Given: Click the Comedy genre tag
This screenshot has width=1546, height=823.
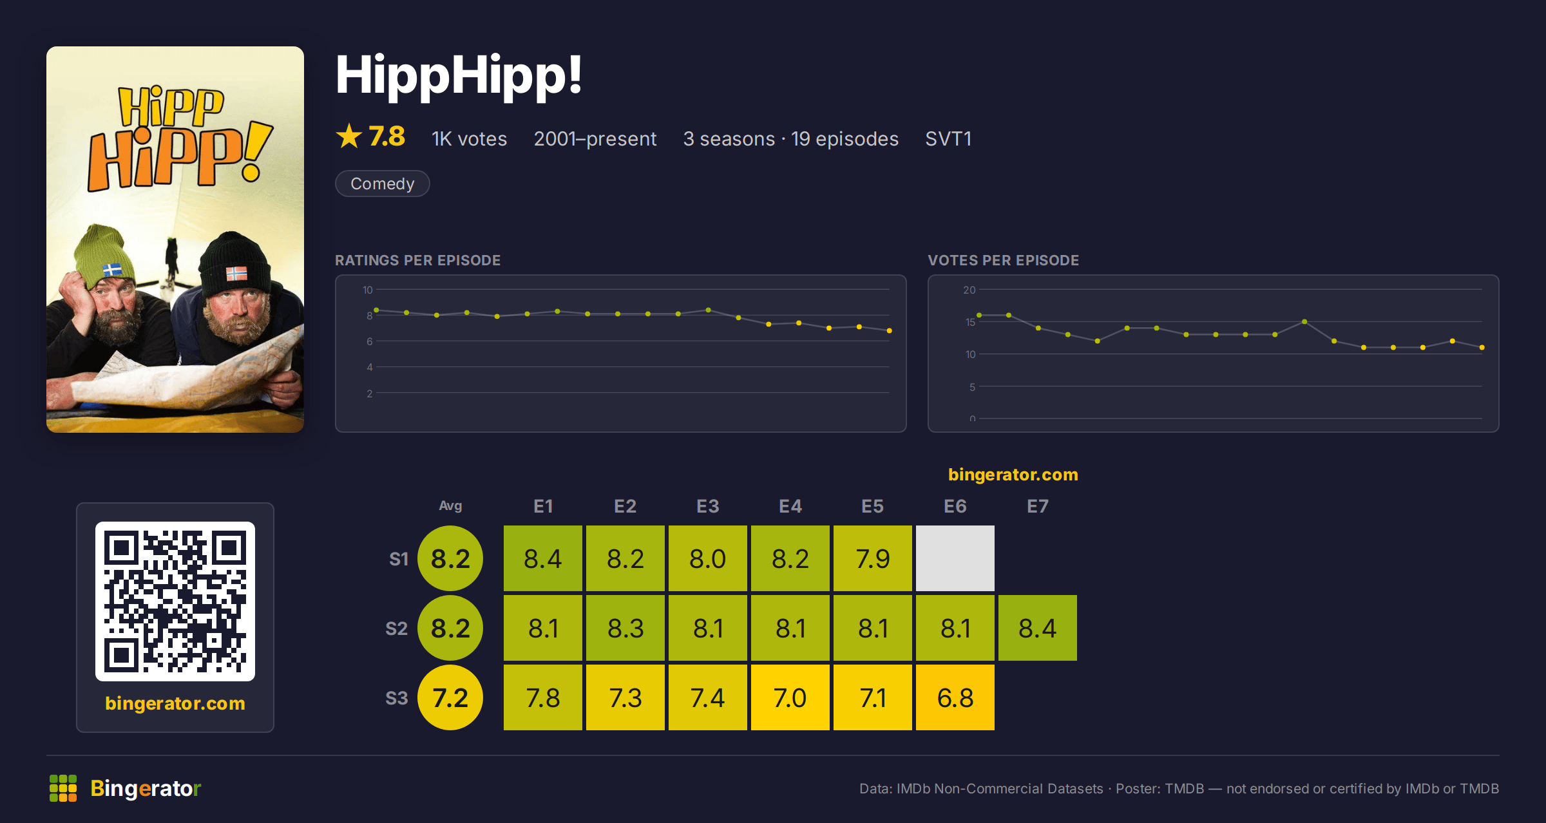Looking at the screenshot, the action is click(x=382, y=184).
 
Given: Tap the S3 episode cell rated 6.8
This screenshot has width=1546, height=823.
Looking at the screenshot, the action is click(x=955, y=697).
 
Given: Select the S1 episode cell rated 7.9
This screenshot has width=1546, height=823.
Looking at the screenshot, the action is click(x=873, y=558).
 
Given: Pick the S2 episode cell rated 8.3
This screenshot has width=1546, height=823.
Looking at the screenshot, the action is click(x=625, y=628).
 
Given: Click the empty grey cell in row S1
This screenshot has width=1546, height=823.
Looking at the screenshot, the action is click(x=955, y=558).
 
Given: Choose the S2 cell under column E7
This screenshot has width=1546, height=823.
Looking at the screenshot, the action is click(x=1038, y=628).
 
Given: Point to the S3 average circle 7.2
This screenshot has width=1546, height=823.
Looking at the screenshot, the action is click(x=450, y=697).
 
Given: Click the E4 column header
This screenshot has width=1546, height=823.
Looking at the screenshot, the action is click(x=790, y=506).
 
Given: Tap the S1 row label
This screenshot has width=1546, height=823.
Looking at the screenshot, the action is click(x=399, y=559).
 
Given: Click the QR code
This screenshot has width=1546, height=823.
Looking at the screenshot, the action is click(x=175, y=601).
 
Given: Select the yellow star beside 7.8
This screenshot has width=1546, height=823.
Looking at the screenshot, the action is click(x=349, y=136).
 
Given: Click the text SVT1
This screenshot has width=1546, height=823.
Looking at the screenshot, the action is click(x=948, y=138).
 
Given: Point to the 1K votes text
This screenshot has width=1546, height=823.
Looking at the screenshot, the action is click(x=469, y=138).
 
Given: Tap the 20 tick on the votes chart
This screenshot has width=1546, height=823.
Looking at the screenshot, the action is click(x=969, y=290).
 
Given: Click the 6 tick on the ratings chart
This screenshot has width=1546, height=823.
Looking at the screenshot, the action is click(x=370, y=341).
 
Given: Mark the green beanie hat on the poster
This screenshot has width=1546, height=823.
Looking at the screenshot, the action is click(x=104, y=254).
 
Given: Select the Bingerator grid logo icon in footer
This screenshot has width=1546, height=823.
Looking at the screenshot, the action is click(x=63, y=788).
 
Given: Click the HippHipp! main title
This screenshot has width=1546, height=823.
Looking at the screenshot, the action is click(x=459, y=75).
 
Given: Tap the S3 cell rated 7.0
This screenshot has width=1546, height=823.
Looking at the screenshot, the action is click(x=790, y=697).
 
